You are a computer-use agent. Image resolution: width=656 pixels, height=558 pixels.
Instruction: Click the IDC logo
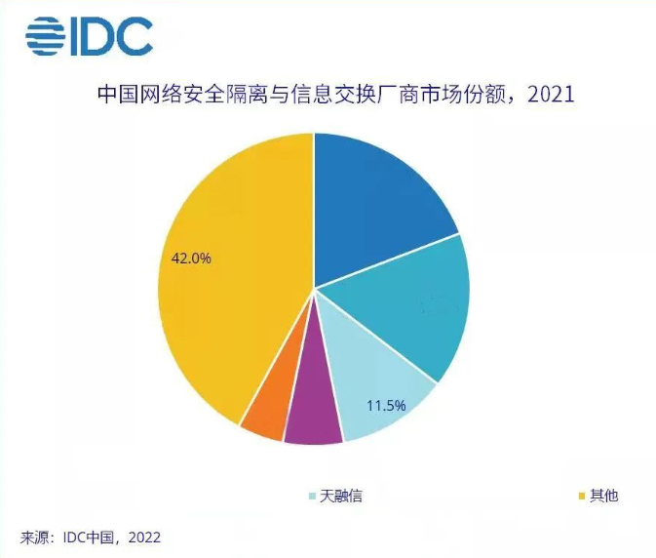coord(89,37)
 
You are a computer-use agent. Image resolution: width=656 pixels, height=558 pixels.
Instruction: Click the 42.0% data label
coord(191,259)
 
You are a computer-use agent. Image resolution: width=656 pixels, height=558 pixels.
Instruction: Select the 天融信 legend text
coord(340,497)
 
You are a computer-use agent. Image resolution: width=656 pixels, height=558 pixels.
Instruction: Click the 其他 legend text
coord(604,497)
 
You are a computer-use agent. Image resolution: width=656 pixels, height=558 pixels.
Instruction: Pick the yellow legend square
coord(582,497)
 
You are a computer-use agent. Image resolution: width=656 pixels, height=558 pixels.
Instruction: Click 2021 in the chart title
coord(548,96)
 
